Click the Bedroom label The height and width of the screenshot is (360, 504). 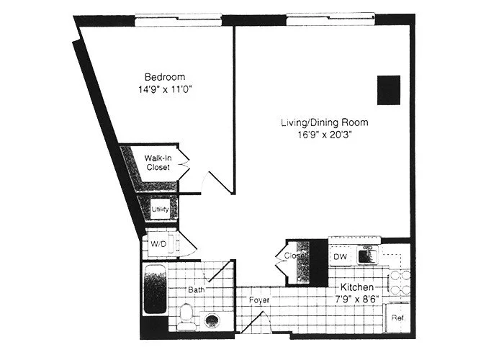click(x=165, y=77)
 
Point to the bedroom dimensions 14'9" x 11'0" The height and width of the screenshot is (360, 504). click(x=165, y=90)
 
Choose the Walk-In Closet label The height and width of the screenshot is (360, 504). click(x=157, y=162)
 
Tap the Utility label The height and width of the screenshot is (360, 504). click(x=159, y=210)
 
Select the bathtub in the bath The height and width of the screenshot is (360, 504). click(x=155, y=289)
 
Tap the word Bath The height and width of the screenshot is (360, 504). click(x=196, y=289)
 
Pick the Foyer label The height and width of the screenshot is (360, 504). click(x=259, y=300)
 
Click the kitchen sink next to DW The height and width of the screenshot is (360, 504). click(x=368, y=256)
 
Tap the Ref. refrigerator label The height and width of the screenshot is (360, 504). click(x=397, y=318)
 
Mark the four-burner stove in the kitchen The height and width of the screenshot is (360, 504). click(x=398, y=279)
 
